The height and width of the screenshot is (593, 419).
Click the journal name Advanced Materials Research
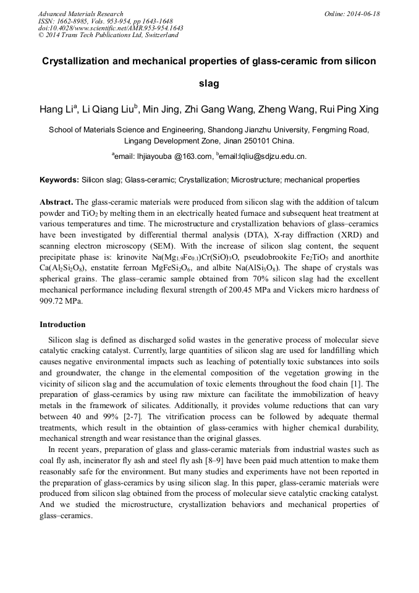click(x=80, y=14)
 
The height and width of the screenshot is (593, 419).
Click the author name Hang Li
click(x=58, y=110)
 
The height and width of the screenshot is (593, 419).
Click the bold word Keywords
click(x=59, y=180)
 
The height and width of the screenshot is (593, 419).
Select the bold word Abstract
click(x=56, y=202)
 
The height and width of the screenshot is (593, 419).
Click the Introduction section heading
click(x=62, y=325)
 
